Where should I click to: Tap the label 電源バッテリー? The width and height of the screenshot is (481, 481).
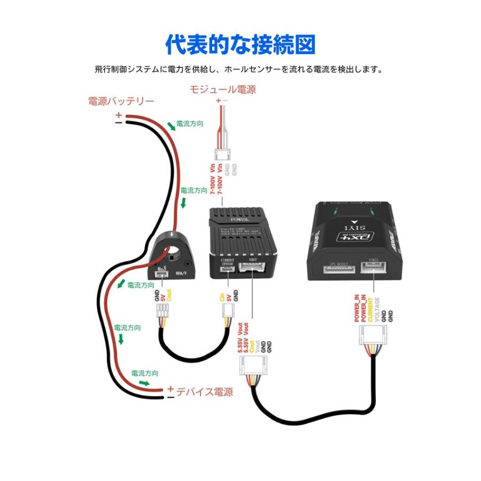coord(121,101)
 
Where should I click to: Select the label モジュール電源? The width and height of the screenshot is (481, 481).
coord(222,89)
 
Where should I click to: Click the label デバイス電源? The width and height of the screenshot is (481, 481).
coord(205,392)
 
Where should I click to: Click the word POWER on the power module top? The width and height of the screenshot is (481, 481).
coord(239,219)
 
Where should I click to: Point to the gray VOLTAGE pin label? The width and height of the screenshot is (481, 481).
coord(377,309)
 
